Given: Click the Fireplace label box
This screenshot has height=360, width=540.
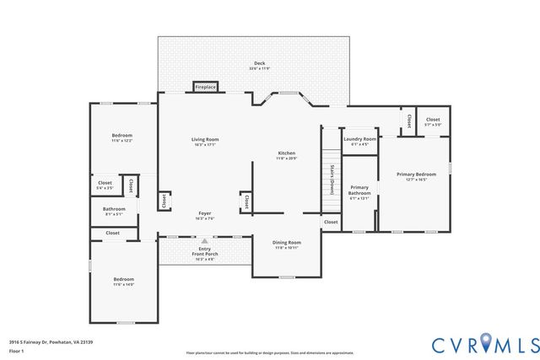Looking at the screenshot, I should [205, 87].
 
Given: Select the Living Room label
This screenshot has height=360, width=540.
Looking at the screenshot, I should [205, 142].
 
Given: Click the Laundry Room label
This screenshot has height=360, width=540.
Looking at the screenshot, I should [359, 142].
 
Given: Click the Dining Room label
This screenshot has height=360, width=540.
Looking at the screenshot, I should [287, 245].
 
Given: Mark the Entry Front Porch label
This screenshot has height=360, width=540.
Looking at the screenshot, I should [205, 252].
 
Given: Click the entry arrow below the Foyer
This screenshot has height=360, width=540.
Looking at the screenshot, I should [204, 240].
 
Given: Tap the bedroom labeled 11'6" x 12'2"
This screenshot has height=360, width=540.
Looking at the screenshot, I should [123, 137].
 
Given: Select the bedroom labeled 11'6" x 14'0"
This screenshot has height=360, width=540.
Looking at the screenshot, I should [124, 282].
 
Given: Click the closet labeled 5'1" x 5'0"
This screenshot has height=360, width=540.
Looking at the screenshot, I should [433, 122].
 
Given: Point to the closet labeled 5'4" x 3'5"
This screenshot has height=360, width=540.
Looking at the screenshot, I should [105, 185].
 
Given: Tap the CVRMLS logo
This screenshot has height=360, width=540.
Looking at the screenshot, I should [485, 343].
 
